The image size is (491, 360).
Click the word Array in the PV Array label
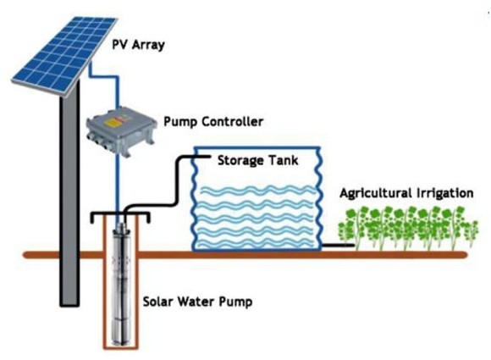(x=148, y=45)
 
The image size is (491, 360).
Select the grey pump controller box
(x=121, y=131)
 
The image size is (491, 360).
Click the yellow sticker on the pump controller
(x=113, y=123)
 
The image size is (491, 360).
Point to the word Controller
(x=232, y=122)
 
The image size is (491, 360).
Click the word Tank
(x=283, y=160)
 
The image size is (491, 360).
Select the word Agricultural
(x=376, y=193)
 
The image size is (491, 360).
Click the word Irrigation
(x=444, y=193)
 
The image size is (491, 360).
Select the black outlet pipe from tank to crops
(x=338, y=246)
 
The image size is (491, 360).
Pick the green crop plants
(x=408, y=228)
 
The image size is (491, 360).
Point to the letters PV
(x=119, y=44)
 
